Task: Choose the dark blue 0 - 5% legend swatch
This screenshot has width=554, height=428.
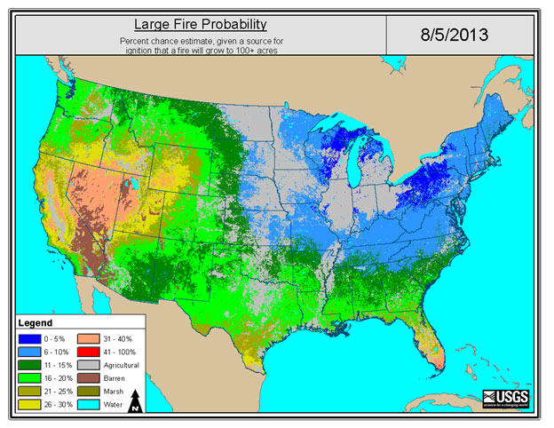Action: click(32, 338)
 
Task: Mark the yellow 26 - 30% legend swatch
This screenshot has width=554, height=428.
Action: click(32, 404)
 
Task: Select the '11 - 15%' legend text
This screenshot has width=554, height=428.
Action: click(59, 365)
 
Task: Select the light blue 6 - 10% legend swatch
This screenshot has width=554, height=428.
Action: click(32, 352)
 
